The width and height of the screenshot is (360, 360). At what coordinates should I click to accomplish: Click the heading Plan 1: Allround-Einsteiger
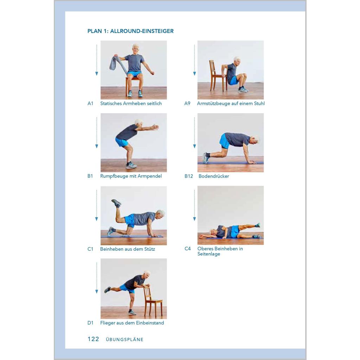[130, 31]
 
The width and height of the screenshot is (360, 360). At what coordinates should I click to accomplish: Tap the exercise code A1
[90, 104]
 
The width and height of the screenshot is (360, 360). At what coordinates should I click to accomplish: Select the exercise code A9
[187, 104]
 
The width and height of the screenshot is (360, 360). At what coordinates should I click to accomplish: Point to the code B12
[189, 176]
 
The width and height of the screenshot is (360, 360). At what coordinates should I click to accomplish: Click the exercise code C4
[188, 249]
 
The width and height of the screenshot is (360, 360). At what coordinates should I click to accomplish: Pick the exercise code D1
[90, 323]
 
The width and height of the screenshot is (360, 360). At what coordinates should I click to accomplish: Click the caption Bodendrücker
[214, 176]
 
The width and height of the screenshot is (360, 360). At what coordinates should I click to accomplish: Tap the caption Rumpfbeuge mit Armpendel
[131, 176]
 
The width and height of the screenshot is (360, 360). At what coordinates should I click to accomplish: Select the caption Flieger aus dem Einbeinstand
[132, 323]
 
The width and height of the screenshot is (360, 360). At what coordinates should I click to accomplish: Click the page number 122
[93, 339]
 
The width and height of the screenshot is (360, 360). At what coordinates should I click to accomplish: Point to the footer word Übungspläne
[124, 339]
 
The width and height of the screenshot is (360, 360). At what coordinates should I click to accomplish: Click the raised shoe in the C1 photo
[116, 203]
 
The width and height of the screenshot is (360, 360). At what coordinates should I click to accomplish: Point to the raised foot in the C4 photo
[258, 225]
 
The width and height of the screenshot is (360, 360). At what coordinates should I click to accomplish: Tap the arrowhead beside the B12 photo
[194, 146]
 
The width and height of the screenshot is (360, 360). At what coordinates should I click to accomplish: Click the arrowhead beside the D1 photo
[97, 291]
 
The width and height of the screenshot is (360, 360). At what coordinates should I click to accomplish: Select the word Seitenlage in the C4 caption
[209, 254]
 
